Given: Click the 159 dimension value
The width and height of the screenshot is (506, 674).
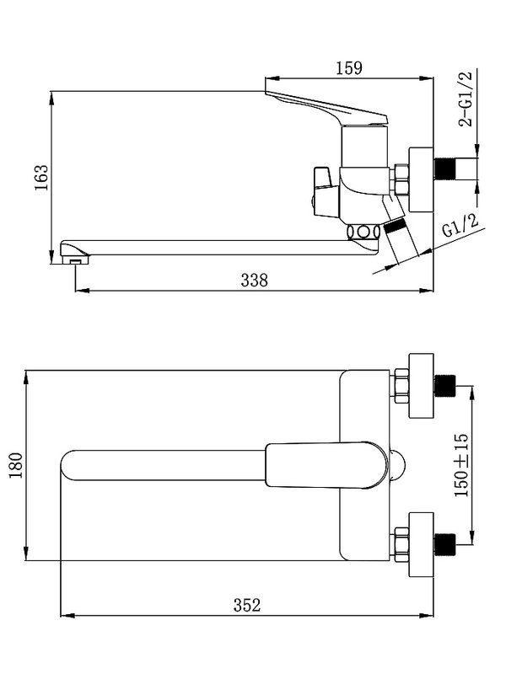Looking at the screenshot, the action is point(349,68).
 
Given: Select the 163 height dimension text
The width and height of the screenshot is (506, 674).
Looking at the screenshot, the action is point(41,178).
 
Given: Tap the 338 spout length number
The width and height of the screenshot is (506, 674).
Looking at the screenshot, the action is point(255,281).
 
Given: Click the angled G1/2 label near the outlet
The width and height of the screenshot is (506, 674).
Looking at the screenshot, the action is point(460,225).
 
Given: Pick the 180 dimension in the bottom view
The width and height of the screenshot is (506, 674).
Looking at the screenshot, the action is point(15,465).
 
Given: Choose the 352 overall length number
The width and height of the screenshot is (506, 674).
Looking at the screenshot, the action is point(247,605).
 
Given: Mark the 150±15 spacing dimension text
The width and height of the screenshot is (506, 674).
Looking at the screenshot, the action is point(461,465).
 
